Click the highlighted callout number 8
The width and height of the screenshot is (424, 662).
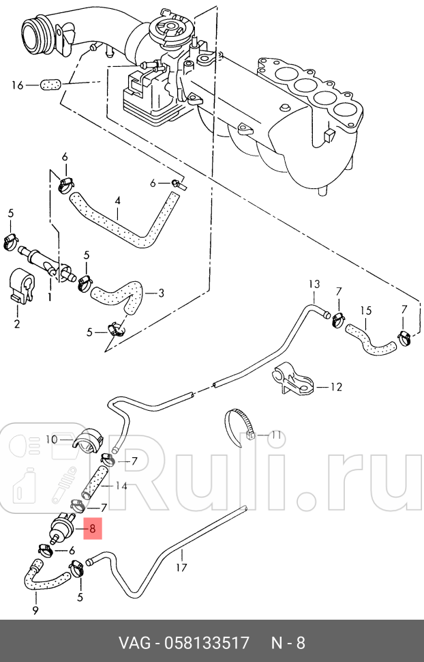pyautogui.click(x=93, y=529)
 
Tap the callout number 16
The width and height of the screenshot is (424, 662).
pyautogui.click(x=17, y=86)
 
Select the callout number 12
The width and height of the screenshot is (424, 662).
pyautogui.click(x=336, y=387)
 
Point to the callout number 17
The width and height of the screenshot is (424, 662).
pyautogui.click(x=181, y=567)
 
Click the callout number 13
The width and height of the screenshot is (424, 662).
pyautogui.click(x=314, y=284)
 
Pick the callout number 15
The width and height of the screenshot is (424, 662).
pyautogui.click(x=366, y=311)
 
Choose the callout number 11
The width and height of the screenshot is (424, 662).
pyautogui.click(x=276, y=435)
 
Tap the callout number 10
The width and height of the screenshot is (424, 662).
pyautogui.click(x=52, y=440)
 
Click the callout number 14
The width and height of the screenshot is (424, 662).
pyautogui.click(x=121, y=486)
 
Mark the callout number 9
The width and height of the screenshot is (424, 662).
pyautogui.click(x=35, y=610)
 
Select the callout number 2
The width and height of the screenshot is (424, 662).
pyautogui.click(x=17, y=323)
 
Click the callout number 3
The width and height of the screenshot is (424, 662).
pyautogui.click(x=161, y=293)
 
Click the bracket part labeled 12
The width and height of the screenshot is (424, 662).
pyautogui.click(x=295, y=379)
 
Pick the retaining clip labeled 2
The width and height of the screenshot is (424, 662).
pyautogui.click(x=21, y=285)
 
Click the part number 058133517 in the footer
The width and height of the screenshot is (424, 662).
pyautogui.click(x=207, y=643)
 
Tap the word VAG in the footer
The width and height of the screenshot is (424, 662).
pyautogui.click(x=134, y=643)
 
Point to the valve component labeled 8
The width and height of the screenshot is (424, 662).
pyautogui.click(x=63, y=528)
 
